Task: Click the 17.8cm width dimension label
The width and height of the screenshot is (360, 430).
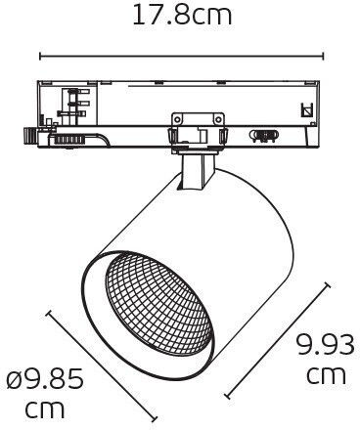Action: click(182, 16)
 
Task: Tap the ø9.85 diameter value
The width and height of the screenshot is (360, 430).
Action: click(45, 380)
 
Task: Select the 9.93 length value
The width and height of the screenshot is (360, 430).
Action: click(325, 344)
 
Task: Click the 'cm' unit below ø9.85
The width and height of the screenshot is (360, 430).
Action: click(45, 410)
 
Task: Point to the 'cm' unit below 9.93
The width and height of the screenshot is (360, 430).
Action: click(326, 375)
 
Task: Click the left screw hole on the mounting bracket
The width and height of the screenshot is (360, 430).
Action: click(177, 119)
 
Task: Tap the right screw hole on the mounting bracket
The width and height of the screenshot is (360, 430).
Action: click(217, 119)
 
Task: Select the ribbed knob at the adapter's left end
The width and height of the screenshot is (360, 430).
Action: click(29, 136)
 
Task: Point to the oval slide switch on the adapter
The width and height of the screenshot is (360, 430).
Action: click(264, 135)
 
